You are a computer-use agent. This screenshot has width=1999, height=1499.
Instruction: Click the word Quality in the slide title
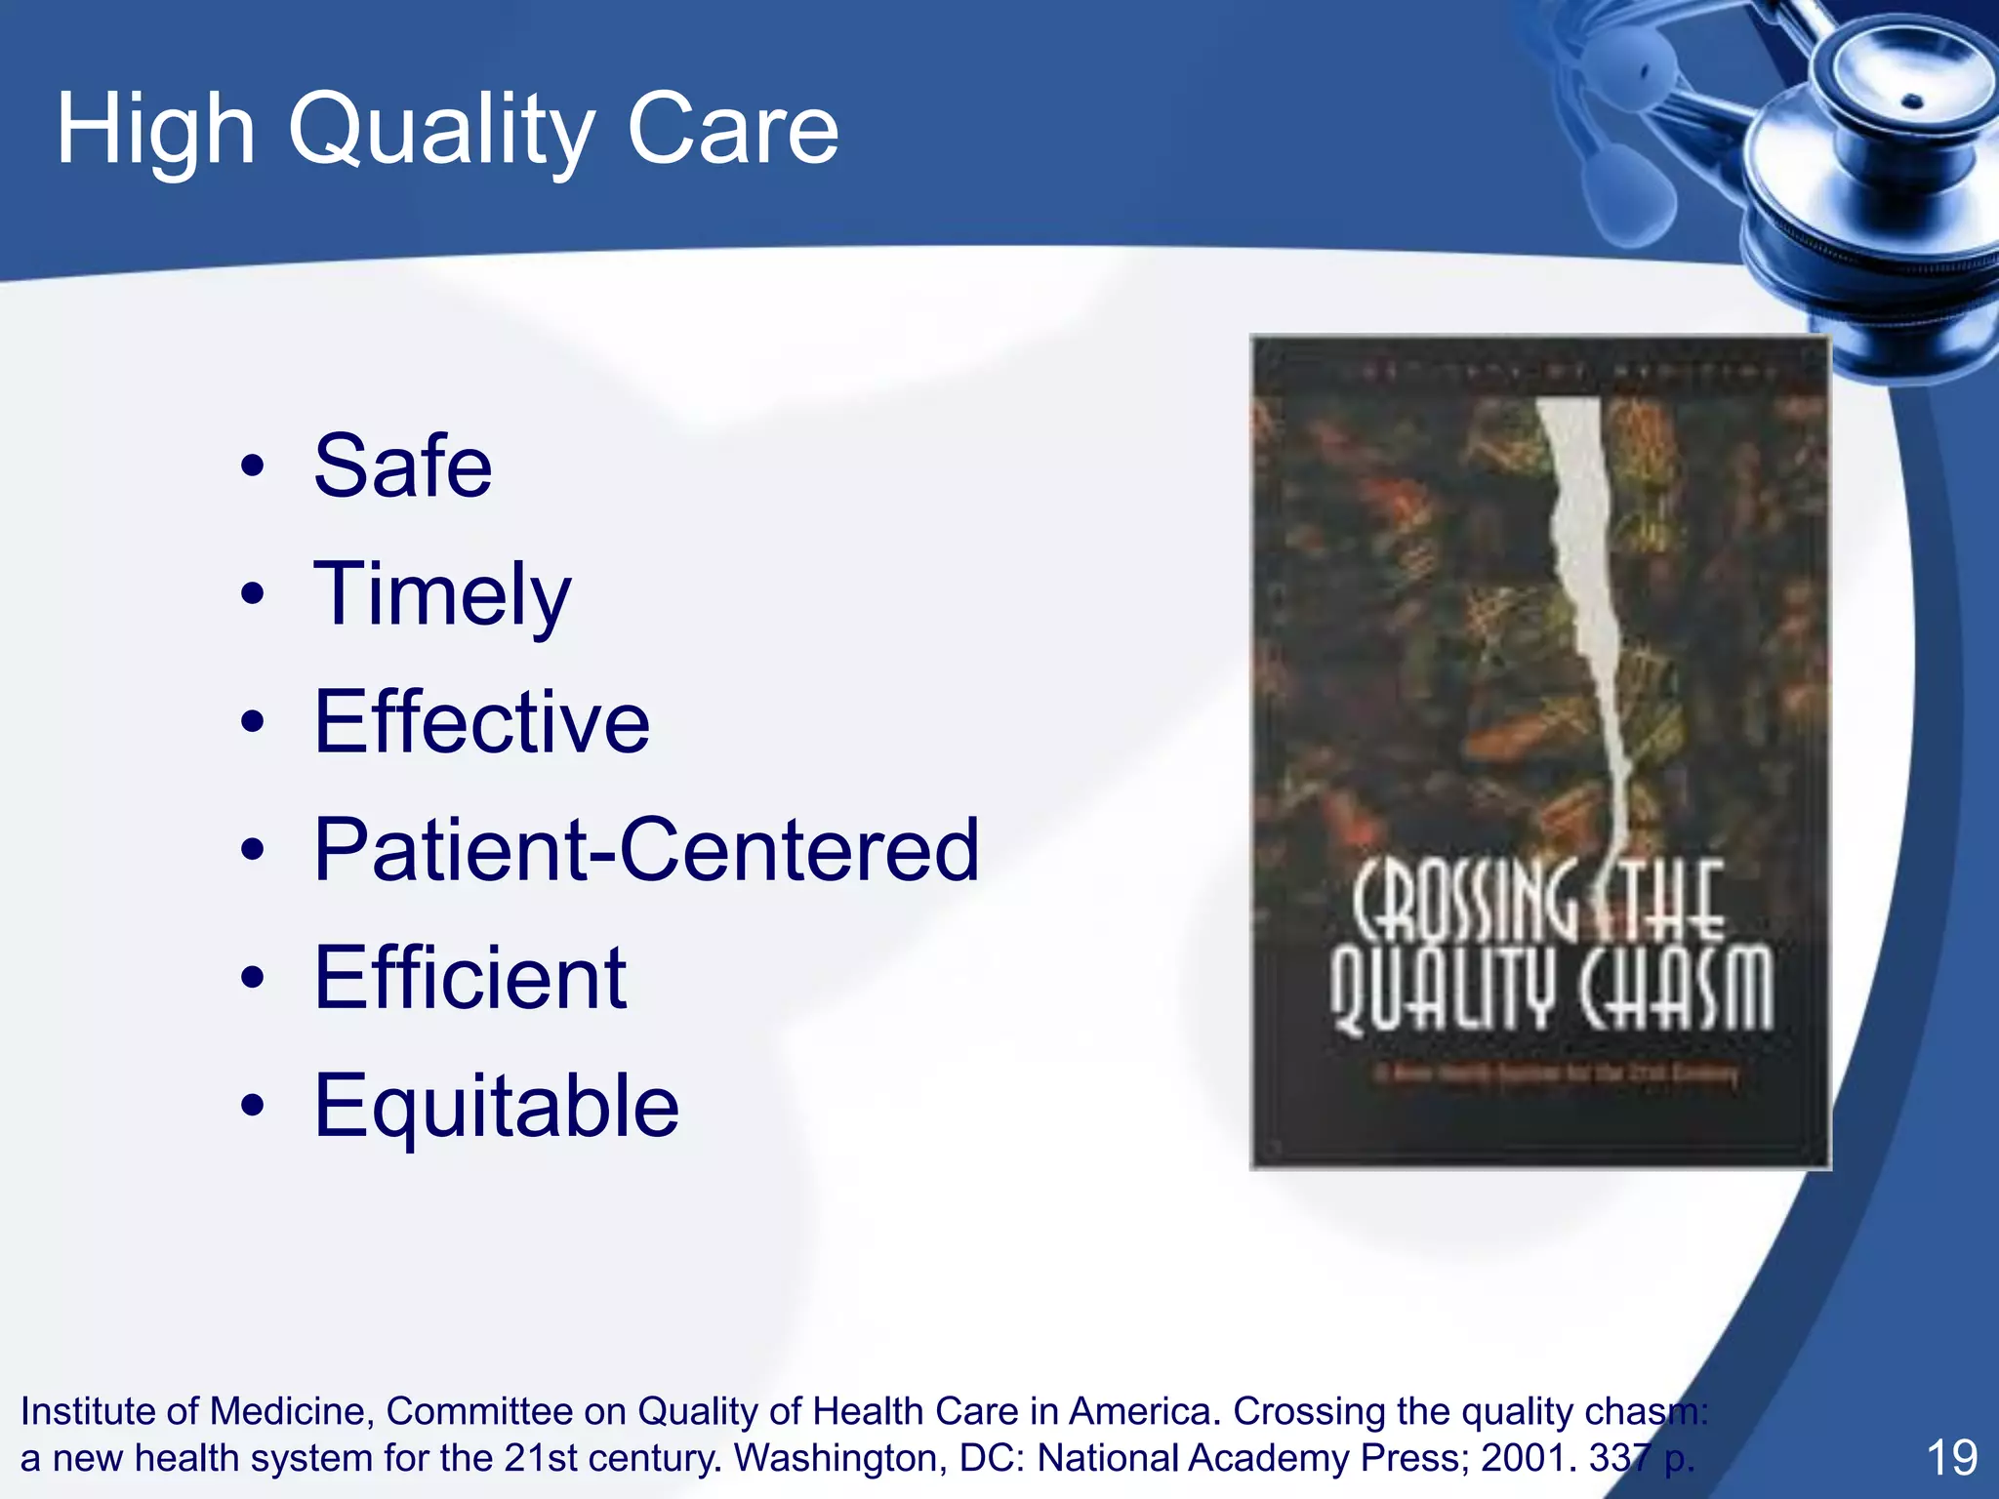pyautogui.click(x=439, y=130)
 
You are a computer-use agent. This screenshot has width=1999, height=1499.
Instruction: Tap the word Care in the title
pyautogui.click(x=732, y=130)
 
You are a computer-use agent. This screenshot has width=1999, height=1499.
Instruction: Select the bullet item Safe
pyautogui.click(x=402, y=466)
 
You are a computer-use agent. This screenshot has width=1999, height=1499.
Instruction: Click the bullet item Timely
pyautogui.click(x=441, y=595)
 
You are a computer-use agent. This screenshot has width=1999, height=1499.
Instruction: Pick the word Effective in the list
pyautogui.click(x=481, y=722)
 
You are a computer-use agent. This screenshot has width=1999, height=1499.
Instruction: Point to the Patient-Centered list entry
pyautogui.click(x=646, y=850)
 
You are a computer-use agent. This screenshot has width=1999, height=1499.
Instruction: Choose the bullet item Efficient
pyautogui.click(x=469, y=978)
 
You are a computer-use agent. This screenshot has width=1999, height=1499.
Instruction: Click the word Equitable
pyautogui.click(x=496, y=1106)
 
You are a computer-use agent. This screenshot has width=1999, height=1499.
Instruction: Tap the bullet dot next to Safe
pyautogui.click(x=253, y=466)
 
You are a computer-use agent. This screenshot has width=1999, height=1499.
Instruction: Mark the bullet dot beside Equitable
pyautogui.click(x=253, y=1106)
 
